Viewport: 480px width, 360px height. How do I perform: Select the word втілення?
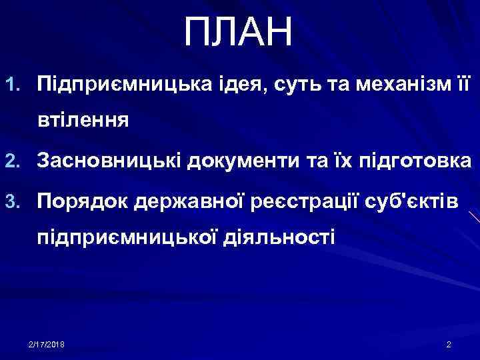click(x=83, y=122)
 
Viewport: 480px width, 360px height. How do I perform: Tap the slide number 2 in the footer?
click(x=449, y=343)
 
